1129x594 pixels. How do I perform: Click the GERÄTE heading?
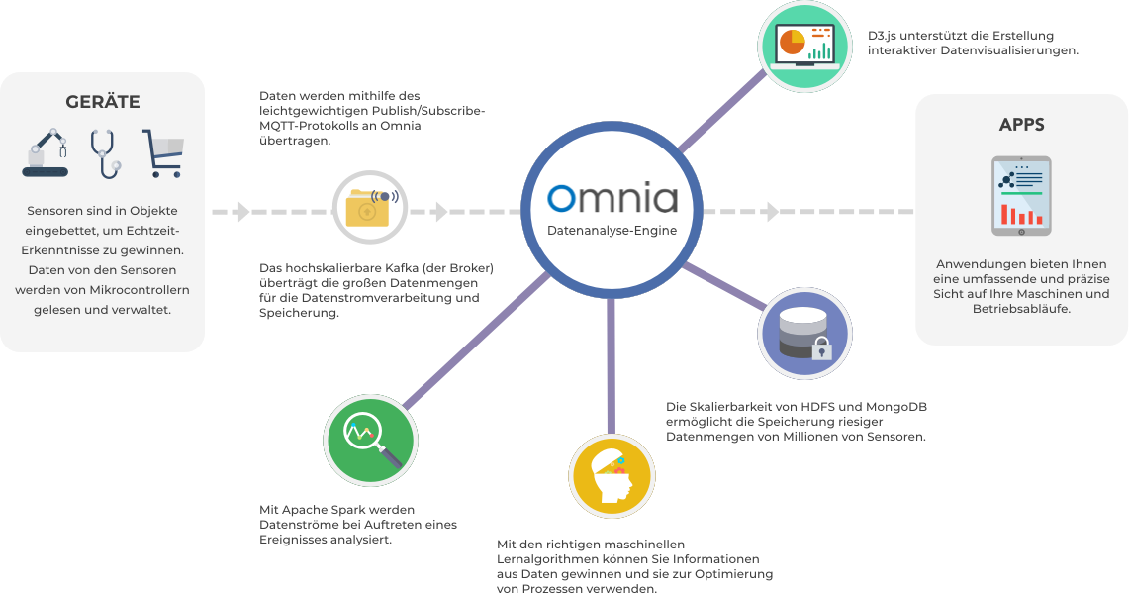tap(102, 102)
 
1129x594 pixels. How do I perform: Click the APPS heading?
tap(1021, 125)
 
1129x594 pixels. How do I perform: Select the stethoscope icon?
tap(104, 153)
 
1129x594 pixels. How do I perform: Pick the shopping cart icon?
tap(162, 153)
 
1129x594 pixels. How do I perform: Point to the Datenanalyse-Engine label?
tap(612, 232)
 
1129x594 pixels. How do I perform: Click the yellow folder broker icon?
tap(369, 208)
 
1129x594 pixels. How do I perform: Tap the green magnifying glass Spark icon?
tap(369, 438)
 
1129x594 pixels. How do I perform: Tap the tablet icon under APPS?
tap(1021, 196)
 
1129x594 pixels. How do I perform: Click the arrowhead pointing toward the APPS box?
tap(773, 211)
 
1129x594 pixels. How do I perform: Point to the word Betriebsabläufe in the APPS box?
tap(1021, 309)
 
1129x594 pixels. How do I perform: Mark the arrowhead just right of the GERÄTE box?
tap(243, 211)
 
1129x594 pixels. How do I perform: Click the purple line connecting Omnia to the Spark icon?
tap(475, 337)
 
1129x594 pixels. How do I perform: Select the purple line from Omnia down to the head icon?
tap(612, 366)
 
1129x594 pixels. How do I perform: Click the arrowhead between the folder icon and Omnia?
tap(441, 211)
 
